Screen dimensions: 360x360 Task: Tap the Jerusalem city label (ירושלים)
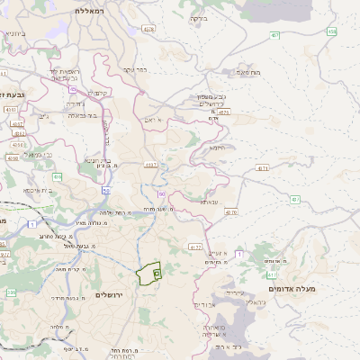[105, 295]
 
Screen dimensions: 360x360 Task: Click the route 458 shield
[332, 31]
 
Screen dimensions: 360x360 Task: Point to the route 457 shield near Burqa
[273, 35]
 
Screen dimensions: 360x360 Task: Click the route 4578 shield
[148, 29]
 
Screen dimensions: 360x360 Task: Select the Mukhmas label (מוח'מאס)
[247, 71]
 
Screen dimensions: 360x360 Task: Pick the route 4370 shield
[231, 212]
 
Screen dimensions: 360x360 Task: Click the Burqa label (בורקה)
[198, 17]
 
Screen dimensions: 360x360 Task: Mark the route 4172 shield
[195, 246]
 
